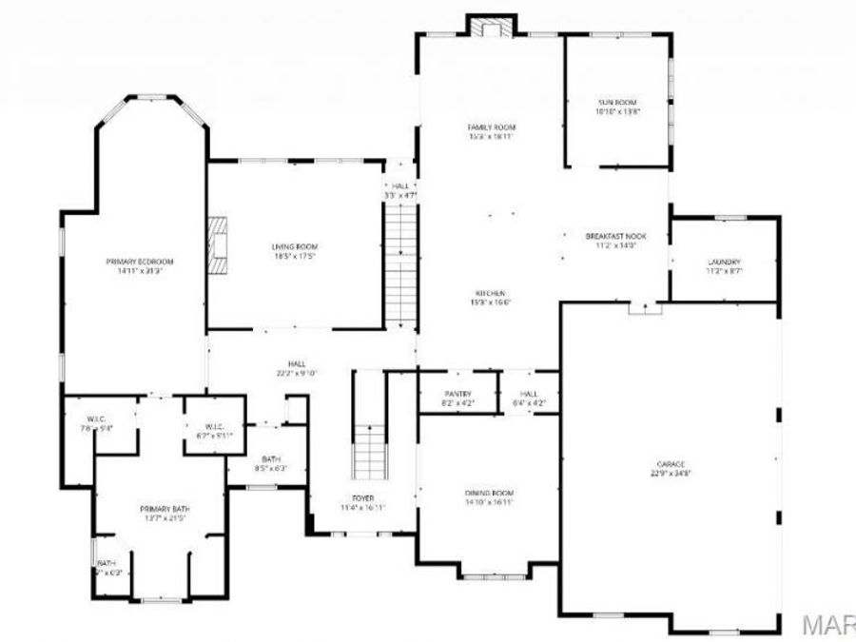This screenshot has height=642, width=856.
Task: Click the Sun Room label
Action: point(616,106)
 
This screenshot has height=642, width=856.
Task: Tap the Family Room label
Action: point(491,131)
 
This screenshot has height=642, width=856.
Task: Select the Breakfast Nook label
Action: point(615,240)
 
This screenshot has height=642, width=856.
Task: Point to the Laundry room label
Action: point(724,266)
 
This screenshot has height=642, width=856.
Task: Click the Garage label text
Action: point(671,467)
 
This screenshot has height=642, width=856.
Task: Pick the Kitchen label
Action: point(491,297)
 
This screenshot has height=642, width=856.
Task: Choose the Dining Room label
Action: point(490,496)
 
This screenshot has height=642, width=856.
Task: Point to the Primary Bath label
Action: point(159,513)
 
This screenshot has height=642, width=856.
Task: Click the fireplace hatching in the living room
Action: point(221,245)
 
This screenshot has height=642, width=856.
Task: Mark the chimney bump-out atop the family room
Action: point(491,26)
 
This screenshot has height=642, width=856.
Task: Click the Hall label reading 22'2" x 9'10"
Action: point(296,368)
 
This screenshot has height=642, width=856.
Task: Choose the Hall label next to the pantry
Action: point(529,398)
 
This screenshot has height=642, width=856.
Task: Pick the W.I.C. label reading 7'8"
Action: point(96,424)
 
